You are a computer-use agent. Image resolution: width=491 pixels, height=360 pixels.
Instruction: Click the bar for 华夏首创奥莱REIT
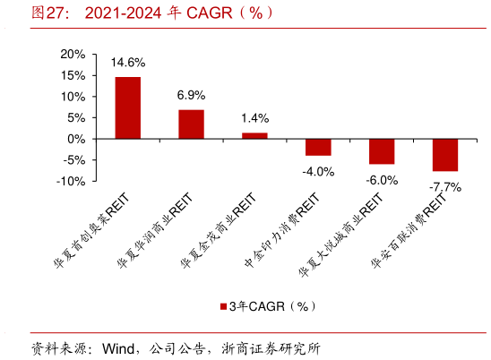127,108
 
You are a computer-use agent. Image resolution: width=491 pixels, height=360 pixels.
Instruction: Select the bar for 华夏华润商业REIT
191,124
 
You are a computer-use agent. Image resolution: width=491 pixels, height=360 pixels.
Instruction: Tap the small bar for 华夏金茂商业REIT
254,136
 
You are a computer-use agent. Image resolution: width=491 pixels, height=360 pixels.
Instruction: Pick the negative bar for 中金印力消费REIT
318,148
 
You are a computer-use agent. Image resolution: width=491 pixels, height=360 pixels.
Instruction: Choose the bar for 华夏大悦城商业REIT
382,152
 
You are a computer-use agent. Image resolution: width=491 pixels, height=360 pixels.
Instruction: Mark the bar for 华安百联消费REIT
445,156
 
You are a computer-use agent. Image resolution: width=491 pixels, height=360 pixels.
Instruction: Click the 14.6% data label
127,64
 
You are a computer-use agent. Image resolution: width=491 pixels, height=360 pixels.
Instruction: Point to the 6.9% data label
191,95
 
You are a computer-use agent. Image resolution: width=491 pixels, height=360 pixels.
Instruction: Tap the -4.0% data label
318,171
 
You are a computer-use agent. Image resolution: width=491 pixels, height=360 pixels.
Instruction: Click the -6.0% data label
382,179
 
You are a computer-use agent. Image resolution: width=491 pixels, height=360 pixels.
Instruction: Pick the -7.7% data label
445,186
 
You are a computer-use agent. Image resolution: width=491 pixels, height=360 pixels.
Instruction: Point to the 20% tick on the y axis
72,55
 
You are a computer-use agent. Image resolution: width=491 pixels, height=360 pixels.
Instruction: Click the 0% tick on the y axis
75,139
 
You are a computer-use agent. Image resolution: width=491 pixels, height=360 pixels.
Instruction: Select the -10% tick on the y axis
70,181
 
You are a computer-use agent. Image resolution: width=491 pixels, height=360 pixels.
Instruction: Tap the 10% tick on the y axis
72,97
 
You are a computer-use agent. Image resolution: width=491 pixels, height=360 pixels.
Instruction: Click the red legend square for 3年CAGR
224,306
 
